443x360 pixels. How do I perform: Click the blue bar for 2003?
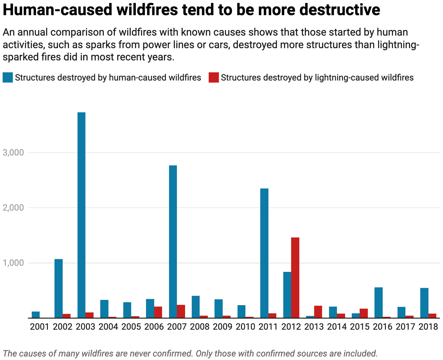pos(81,215)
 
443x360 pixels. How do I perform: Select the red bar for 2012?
pos(295,278)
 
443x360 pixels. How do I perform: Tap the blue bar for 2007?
pos(173,241)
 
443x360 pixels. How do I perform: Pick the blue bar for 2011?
pos(264,253)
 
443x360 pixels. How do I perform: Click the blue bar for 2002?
pos(58,288)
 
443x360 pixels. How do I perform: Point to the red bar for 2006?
pos(158,312)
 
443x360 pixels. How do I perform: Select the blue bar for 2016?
pos(378,303)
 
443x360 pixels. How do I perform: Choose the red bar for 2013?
pos(318,312)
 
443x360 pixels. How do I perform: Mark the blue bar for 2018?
pos(424,303)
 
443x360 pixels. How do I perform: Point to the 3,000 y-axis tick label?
pos(13,152)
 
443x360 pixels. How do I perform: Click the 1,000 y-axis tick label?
pos(13,263)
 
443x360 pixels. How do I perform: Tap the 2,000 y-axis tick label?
pos(13,208)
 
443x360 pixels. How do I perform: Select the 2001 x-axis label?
pos(39,327)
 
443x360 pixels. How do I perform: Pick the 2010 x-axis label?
pos(245,327)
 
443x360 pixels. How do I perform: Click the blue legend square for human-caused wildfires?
pos(8,78)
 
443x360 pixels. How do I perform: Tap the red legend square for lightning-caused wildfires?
pos(214,78)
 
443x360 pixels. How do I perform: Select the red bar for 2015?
pos(364,313)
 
